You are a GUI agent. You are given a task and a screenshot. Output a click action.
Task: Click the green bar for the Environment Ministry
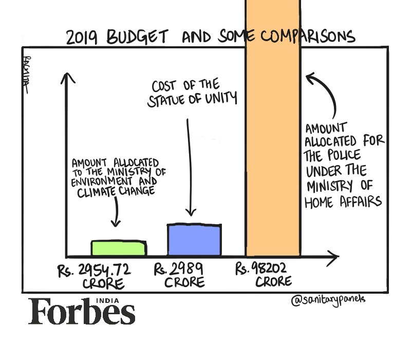(119, 248)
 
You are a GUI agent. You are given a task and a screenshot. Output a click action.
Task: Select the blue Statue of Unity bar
(195, 240)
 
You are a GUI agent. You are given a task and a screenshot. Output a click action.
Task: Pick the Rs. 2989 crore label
(180, 275)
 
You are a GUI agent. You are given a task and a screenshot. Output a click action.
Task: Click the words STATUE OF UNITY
(193, 99)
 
